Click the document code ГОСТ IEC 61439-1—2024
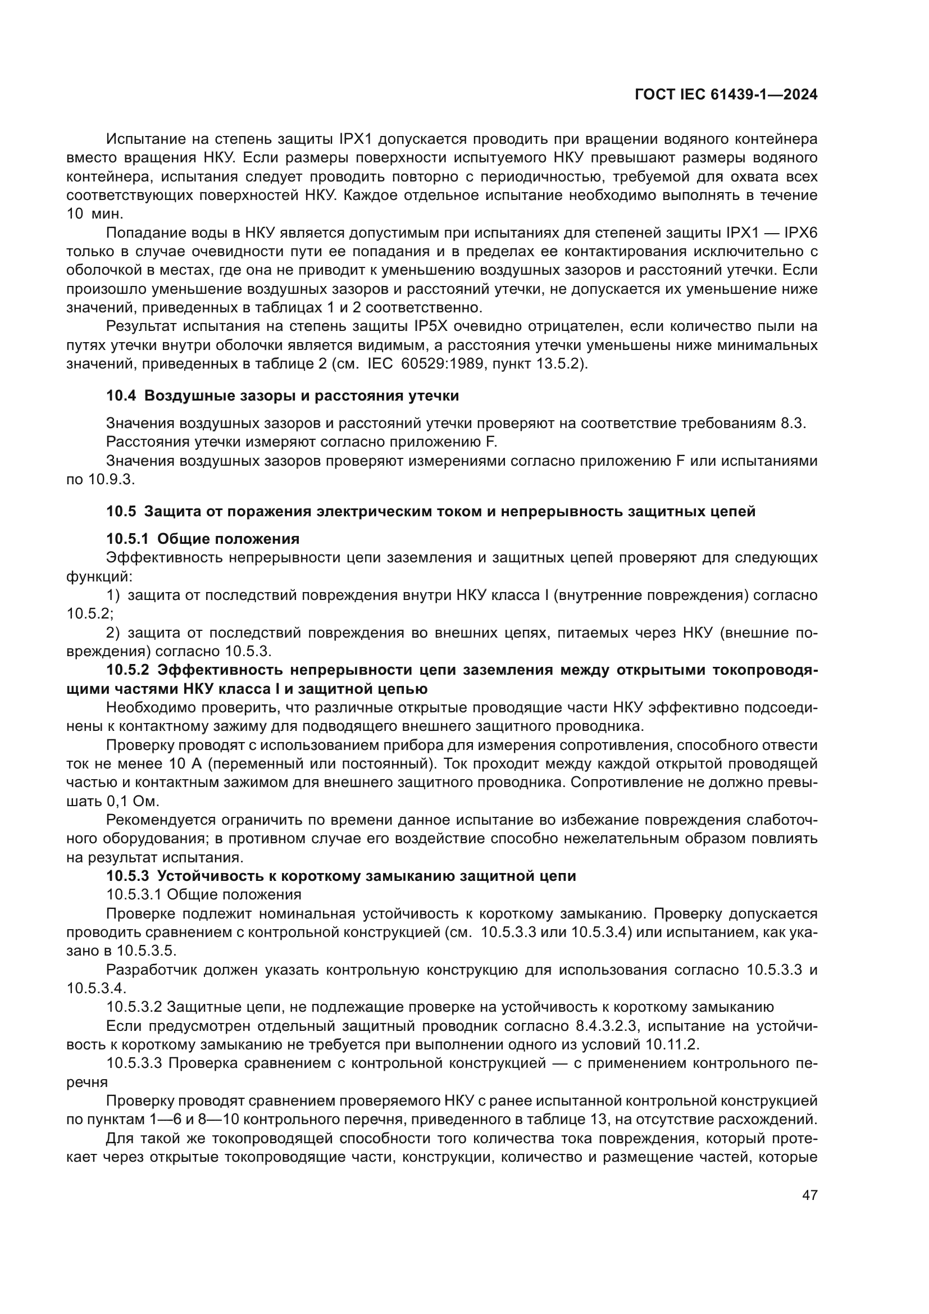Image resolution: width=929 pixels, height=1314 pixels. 726,95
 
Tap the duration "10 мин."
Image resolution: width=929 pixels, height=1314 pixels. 95,214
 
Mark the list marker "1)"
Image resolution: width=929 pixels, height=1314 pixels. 113,595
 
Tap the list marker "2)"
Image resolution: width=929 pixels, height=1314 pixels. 113,633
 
